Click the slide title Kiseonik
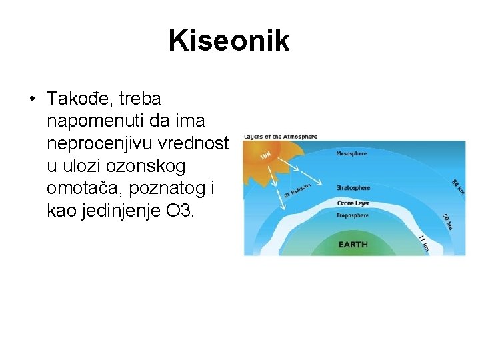click(x=229, y=41)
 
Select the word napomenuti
click(x=94, y=122)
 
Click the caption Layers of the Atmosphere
click(x=281, y=136)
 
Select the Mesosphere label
click(x=351, y=153)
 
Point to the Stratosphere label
click(x=353, y=188)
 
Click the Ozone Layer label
click(x=353, y=202)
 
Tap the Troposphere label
click(x=353, y=216)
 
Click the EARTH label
click(x=353, y=245)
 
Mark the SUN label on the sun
click(x=265, y=157)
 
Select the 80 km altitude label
click(x=457, y=187)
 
